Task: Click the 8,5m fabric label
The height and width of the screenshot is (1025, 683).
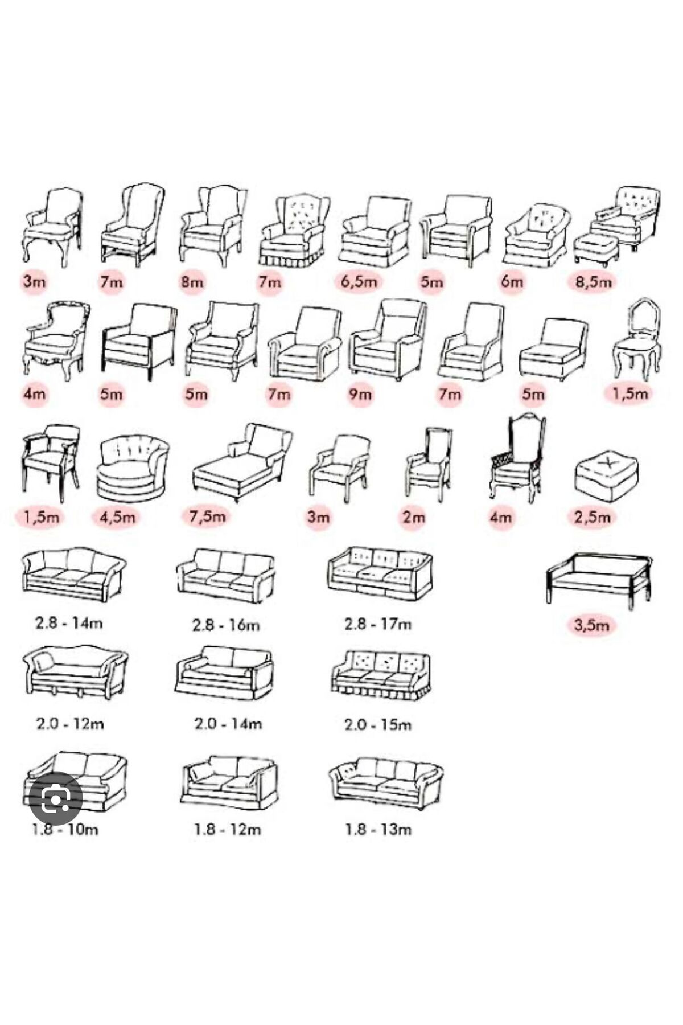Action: tap(593, 281)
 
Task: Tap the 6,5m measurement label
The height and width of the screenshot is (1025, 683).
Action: tap(358, 281)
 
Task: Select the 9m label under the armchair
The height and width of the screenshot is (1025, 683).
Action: tap(360, 393)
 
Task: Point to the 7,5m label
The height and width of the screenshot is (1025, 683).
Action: tap(208, 516)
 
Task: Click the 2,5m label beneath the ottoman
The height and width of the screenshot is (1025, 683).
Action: tap(593, 516)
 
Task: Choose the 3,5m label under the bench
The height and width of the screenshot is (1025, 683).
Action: tap(591, 625)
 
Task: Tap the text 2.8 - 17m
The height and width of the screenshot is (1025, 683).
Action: tap(377, 624)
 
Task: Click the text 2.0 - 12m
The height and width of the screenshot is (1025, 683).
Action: tap(70, 724)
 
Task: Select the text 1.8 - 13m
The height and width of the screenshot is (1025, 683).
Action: tap(377, 829)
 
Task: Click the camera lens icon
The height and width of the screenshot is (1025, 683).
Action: tap(55, 798)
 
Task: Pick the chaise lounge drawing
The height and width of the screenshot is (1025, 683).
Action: tap(242, 462)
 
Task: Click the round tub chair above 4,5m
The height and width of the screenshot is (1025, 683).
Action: tap(133, 468)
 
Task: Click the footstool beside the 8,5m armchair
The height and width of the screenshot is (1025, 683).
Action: tap(596, 249)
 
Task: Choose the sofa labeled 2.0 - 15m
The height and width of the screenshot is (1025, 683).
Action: tap(380, 675)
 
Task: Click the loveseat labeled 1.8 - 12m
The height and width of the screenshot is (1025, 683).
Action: tap(229, 781)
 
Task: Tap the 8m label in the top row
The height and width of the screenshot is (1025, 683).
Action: tap(192, 281)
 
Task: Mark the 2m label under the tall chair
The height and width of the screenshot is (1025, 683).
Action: tap(413, 516)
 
